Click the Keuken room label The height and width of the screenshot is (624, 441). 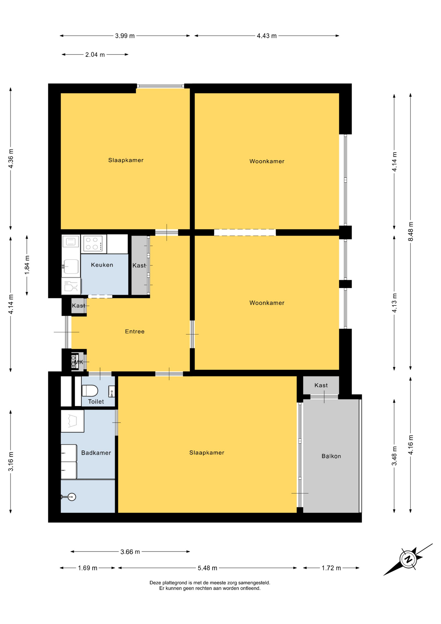click(102, 265)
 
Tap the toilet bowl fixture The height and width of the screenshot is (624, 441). click(90, 390)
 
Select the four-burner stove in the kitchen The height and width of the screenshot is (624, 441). click(94, 243)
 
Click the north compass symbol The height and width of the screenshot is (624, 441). click(408, 559)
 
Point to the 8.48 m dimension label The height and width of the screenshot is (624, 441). click(411, 231)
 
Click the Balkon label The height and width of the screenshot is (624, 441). click(331, 456)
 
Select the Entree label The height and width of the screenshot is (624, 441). click(135, 331)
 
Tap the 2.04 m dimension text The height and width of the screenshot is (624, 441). click(95, 55)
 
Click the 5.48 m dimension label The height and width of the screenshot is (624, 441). click(208, 568)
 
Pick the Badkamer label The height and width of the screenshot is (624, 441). click(96, 453)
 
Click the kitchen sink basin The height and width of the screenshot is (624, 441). click(71, 266)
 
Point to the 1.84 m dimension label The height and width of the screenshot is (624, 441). click(27, 265)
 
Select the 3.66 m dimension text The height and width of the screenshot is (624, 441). click(130, 552)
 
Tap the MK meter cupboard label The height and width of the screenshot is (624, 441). click(79, 362)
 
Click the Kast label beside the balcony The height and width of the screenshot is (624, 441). click(321, 385)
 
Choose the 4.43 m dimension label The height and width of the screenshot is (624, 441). click(267, 36)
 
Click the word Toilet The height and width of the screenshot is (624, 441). click(96, 402)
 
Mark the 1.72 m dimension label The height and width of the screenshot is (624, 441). click(331, 568)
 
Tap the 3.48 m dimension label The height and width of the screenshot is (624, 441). click(395, 455)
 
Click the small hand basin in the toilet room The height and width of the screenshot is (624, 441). click(111, 391)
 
